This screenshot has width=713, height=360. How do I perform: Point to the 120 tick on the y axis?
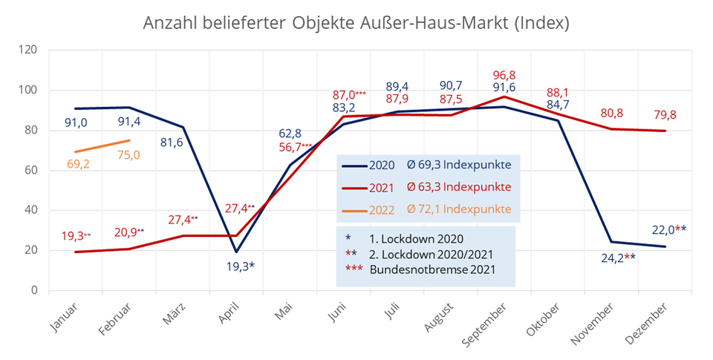point(28,50)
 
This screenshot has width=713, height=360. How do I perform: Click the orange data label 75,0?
point(128,154)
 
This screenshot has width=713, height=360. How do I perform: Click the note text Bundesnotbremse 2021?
point(432,269)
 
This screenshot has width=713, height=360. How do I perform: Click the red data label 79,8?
point(665,114)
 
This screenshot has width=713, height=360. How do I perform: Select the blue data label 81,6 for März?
point(172,143)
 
